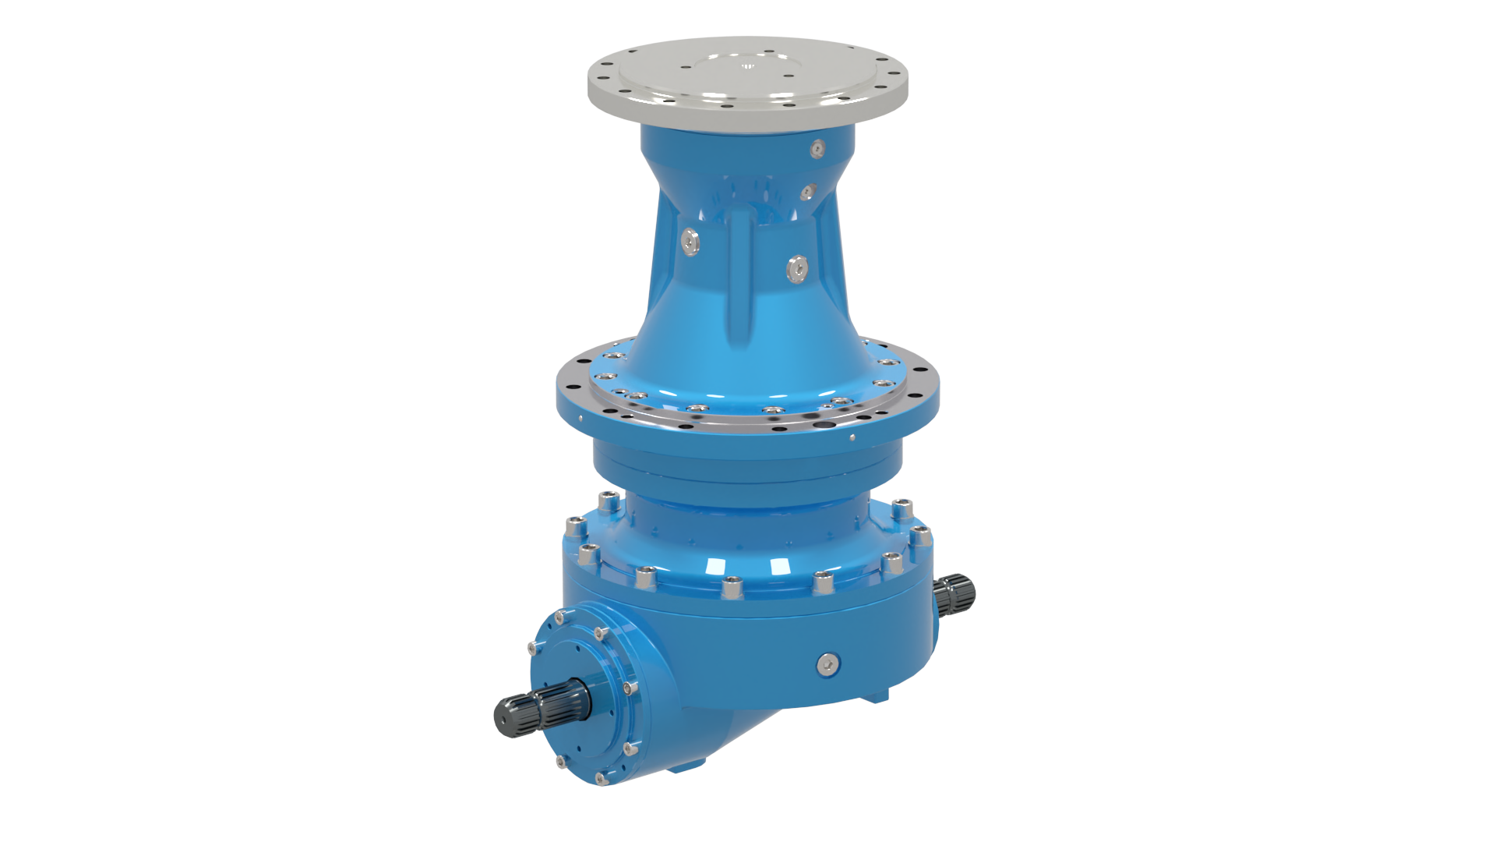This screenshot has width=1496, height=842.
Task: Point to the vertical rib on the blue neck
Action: pos(740,281)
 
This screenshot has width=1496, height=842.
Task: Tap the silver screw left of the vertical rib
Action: pos(690,242)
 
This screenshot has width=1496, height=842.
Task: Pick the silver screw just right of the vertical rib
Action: pos(798,269)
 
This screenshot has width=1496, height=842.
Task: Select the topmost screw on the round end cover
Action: pos(559,617)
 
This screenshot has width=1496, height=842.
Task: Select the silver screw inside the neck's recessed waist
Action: pos(809,190)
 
